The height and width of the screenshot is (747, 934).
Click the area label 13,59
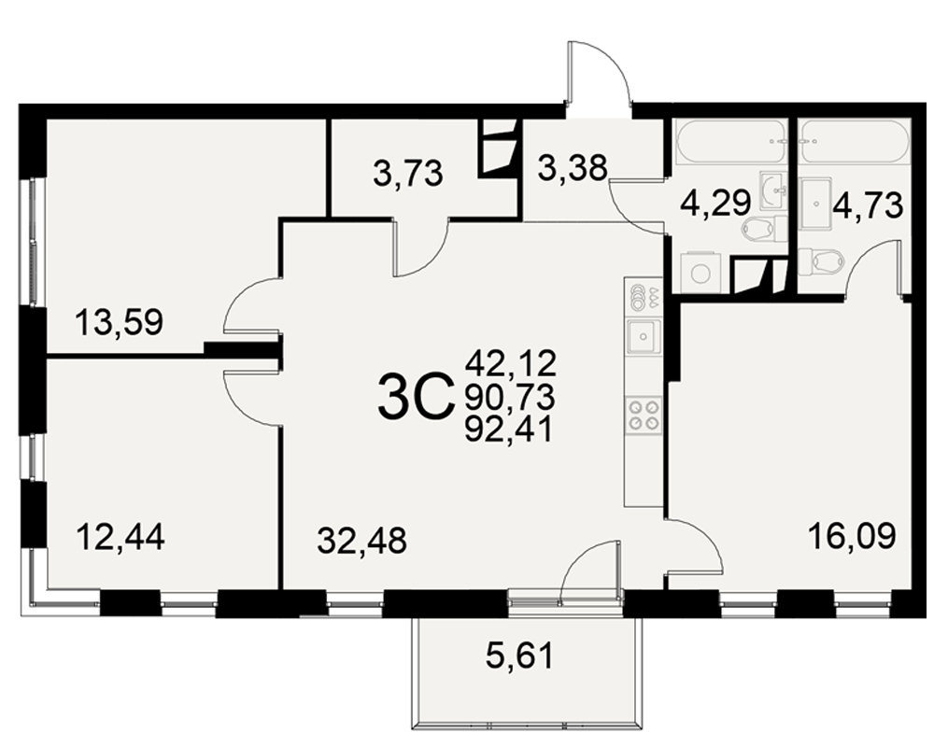tap(120, 323)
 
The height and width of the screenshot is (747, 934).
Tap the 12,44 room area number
tap(120, 536)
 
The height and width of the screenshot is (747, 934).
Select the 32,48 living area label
tap(362, 541)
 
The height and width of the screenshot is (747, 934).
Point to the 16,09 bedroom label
tap(852, 536)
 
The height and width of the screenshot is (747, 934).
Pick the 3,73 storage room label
tap(408, 174)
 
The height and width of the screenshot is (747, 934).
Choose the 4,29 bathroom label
tap(715, 204)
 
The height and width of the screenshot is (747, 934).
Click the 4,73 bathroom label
tap(869, 205)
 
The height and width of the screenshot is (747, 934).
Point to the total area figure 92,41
tap(509, 429)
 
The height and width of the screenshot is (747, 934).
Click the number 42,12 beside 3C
tap(511, 363)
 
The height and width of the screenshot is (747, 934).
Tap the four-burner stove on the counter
tap(644, 415)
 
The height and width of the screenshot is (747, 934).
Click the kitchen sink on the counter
tap(644, 336)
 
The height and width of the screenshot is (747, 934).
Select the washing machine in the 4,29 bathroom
tap(700, 274)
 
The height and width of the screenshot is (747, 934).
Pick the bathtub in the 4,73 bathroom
tap(855, 142)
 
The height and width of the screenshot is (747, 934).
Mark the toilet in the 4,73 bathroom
tap(821, 261)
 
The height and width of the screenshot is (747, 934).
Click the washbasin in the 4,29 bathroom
tap(773, 190)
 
